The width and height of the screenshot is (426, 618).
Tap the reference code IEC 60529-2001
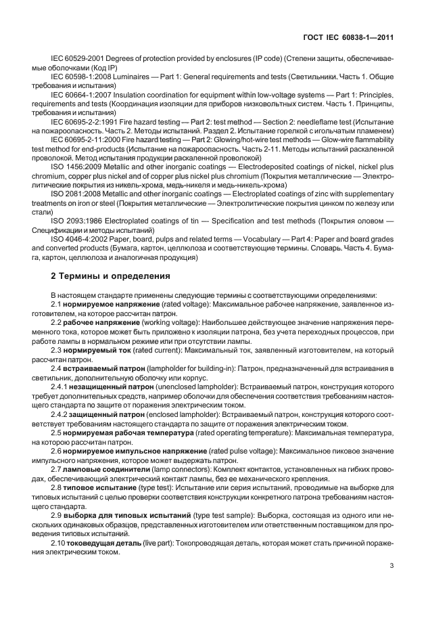click(x=78, y=60)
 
